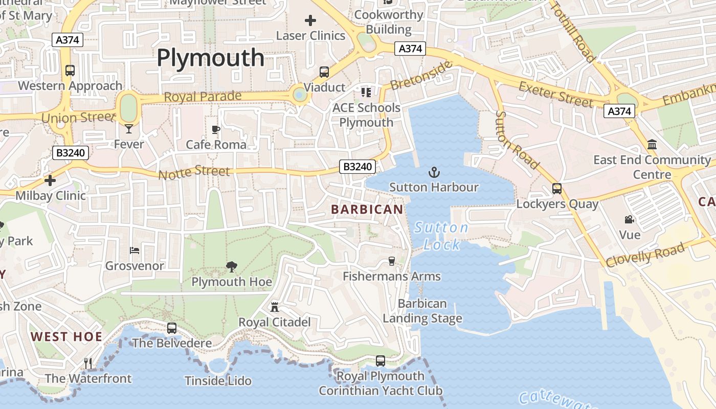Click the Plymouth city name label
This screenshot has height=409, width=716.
click(x=210, y=57)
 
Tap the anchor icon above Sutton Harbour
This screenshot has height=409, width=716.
click(x=434, y=172)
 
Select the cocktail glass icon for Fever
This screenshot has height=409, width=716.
click(x=128, y=128)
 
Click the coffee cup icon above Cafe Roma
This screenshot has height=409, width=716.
click(x=216, y=130)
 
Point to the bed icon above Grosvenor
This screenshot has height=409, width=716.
click(x=135, y=251)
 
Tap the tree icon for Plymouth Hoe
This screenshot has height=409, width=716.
click(x=231, y=266)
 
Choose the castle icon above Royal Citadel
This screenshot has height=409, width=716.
click(x=275, y=307)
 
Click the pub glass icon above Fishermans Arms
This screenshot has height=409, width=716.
click(x=392, y=261)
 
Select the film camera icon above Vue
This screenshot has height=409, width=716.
click(x=629, y=220)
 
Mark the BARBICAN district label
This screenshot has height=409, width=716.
click(x=367, y=209)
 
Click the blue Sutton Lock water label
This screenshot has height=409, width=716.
click(x=441, y=236)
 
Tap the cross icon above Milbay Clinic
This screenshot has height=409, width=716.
click(x=50, y=180)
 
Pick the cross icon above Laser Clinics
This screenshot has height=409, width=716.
click(x=310, y=20)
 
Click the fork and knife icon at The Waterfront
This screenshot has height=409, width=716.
click(x=88, y=363)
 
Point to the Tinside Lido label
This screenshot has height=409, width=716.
click(x=218, y=381)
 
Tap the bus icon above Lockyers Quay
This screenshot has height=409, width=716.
click(x=557, y=189)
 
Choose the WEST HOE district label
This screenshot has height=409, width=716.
click(x=66, y=336)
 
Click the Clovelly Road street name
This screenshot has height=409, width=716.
click(x=645, y=255)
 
